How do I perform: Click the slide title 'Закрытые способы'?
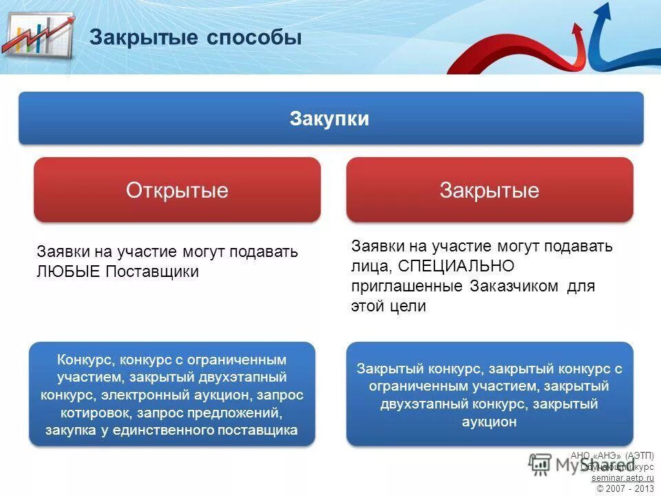click(196, 37)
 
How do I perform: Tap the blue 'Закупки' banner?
click(330, 118)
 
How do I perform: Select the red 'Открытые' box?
click(177, 189)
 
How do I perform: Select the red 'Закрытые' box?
click(489, 189)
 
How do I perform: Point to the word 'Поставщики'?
click(152, 271)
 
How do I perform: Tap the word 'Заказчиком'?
click(514, 286)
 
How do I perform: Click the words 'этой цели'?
click(388, 307)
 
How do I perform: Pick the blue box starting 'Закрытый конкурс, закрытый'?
click(489, 395)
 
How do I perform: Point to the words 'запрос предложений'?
click(210, 413)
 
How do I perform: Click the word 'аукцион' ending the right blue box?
click(489, 422)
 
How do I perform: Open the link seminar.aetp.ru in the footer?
click(622, 477)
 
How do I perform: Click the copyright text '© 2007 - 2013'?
click(625, 488)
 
